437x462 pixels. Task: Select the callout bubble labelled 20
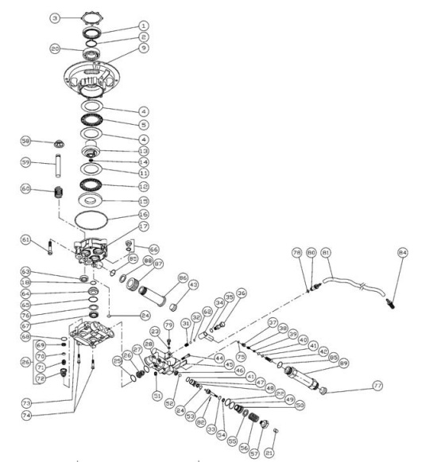coord(56,49)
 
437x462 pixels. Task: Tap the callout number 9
coord(144,48)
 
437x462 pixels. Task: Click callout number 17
coord(144,227)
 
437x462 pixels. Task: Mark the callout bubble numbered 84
coord(403,253)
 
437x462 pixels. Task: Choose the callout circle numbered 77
coord(377,385)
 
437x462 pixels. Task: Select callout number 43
coord(193,285)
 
